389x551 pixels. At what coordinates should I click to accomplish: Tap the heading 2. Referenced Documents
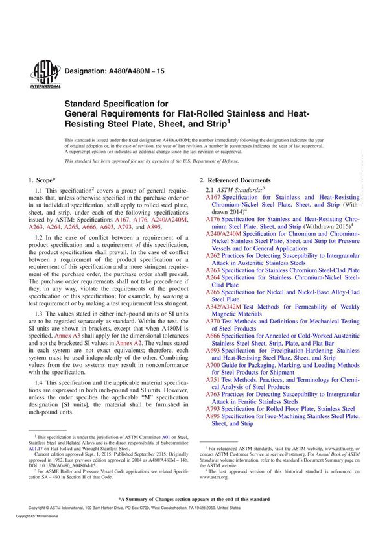coord(235,180)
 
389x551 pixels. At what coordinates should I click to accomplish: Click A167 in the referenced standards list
coord(213,197)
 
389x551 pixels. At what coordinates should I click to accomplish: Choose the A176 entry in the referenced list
coord(213,220)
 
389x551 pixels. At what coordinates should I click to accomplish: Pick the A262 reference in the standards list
coord(213,256)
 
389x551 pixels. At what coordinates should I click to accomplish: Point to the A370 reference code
coord(213,321)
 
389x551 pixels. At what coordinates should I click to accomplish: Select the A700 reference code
coord(213,365)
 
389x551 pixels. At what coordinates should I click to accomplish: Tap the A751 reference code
coord(213,380)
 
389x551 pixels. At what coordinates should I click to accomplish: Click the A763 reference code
coord(213,394)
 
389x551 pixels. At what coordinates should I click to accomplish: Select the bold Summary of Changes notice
coord(193,499)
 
